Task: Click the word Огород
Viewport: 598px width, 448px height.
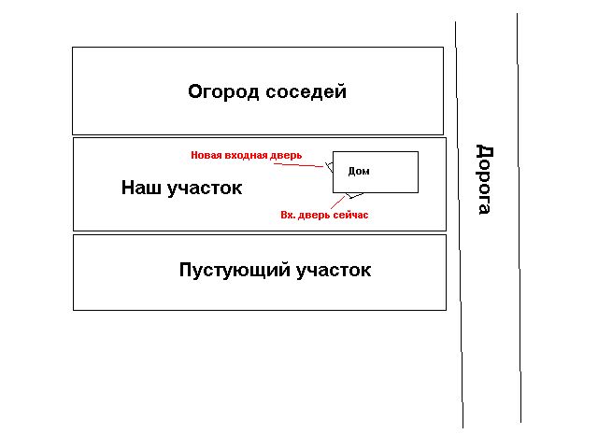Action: tap(223, 92)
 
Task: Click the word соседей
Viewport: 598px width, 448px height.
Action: tap(306, 92)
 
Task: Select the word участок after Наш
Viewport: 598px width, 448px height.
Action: tap(205, 189)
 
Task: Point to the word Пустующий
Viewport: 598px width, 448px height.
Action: tap(235, 271)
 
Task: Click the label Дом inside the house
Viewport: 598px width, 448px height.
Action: tap(359, 172)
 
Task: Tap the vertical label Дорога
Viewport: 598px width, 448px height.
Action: tap(485, 179)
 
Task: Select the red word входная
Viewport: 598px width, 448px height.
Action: tap(246, 156)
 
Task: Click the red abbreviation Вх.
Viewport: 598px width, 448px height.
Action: tap(288, 216)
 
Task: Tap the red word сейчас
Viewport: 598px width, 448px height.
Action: tap(351, 216)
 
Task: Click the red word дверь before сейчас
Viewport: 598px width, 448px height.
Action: tap(314, 216)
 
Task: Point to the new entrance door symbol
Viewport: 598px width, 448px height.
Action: tap(330, 166)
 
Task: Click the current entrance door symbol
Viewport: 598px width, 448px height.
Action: tap(355, 195)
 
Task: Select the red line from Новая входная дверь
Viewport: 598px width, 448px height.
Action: tap(298, 165)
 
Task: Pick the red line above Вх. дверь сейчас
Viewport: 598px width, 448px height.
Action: tap(338, 203)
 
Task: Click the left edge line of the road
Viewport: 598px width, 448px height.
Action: tap(459, 225)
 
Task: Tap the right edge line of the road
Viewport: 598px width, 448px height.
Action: tap(520, 217)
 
